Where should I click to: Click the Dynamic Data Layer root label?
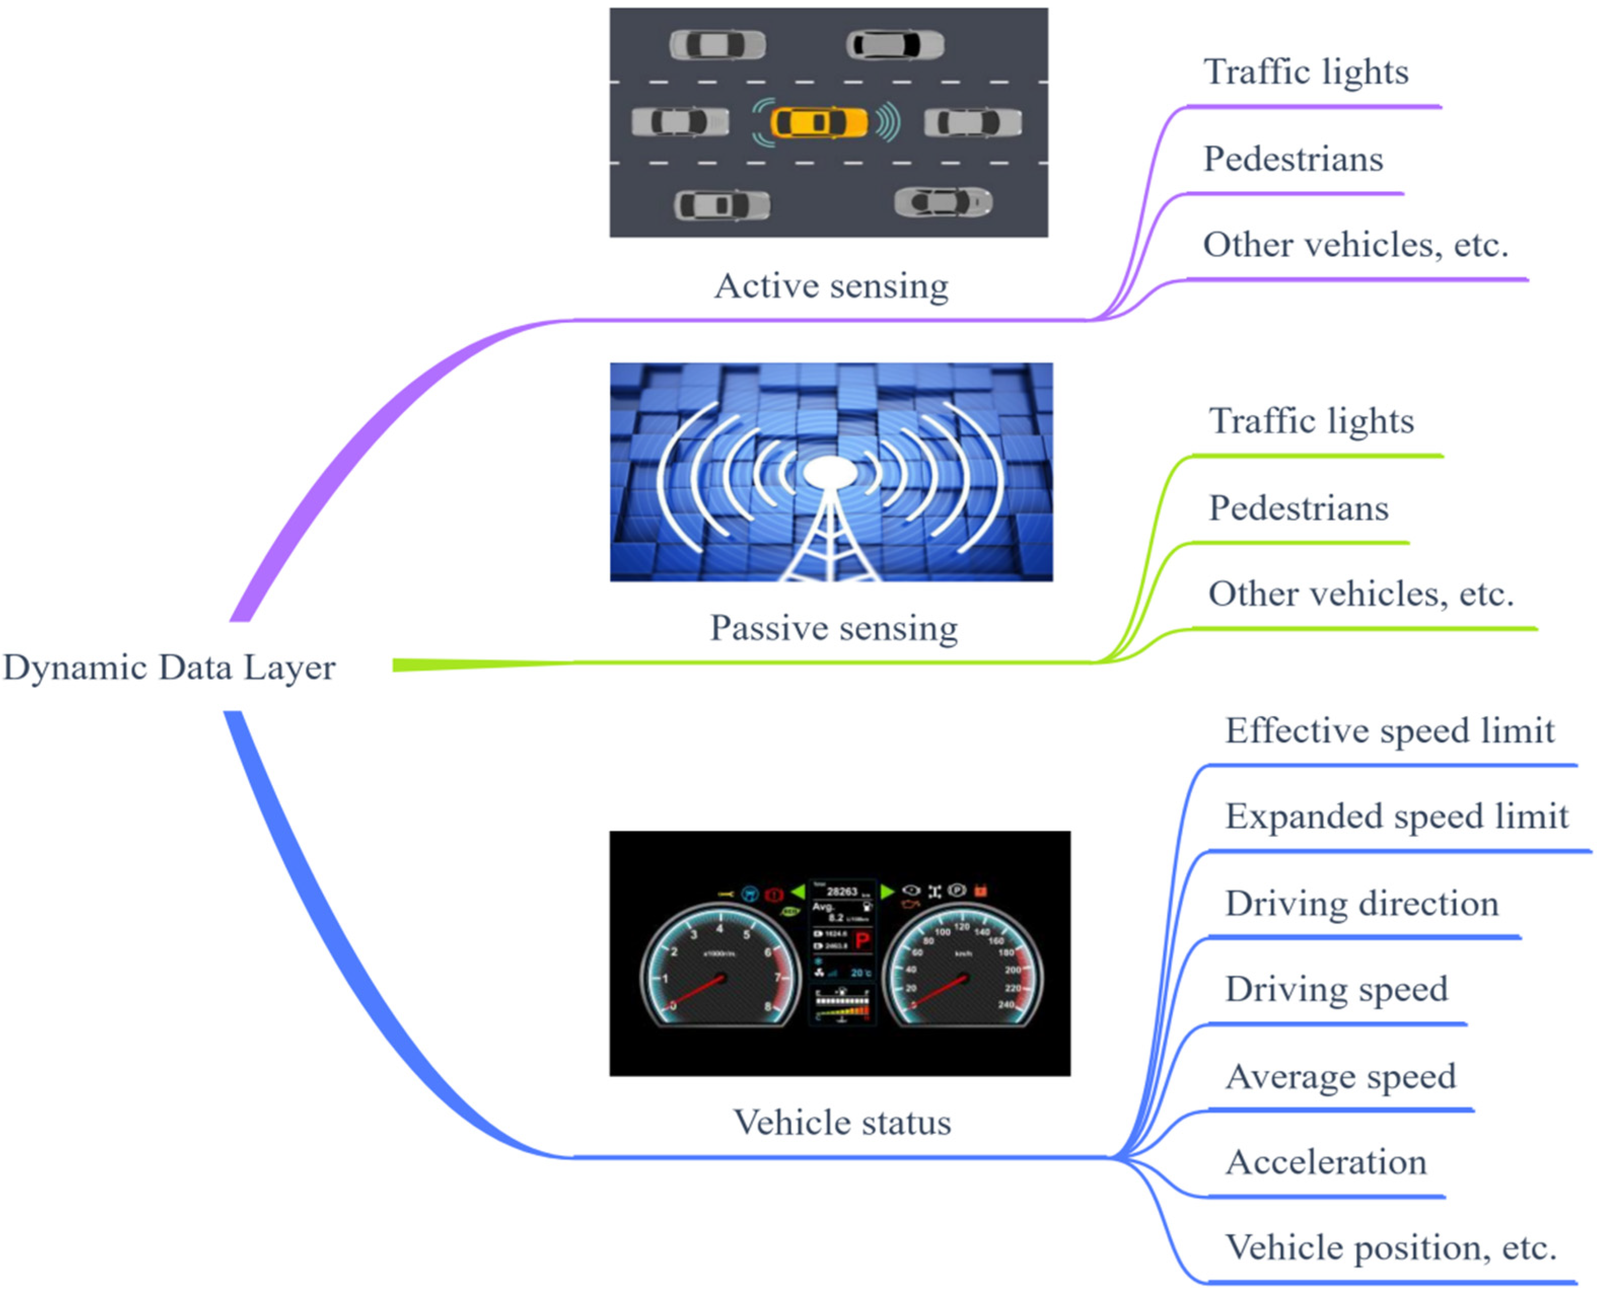click(169, 667)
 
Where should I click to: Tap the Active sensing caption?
click(831, 286)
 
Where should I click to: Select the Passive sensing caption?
click(833, 627)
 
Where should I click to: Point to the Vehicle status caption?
click(842, 1123)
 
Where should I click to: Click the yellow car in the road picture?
click(819, 122)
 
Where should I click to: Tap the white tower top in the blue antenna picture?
click(830, 472)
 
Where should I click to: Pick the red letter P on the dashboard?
click(862, 941)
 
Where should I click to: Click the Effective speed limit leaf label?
click(1390, 730)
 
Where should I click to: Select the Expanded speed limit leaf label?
click(1396, 816)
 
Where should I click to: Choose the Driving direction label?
click(1362, 904)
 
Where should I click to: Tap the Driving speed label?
click(1336, 989)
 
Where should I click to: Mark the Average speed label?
click(1341, 1076)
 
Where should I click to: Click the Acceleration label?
click(1326, 1162)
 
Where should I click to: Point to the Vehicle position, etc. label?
click(1390, 1248)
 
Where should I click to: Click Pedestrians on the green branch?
click(1298, 508)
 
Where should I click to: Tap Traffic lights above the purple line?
click(1306, 72)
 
